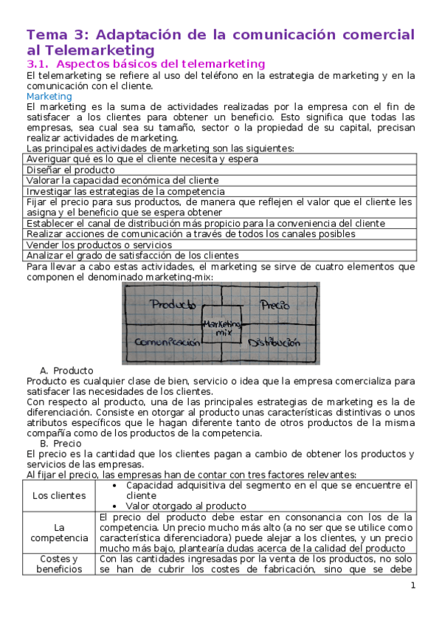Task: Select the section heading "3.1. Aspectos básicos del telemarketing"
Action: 145,64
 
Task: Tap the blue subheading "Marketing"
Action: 49,96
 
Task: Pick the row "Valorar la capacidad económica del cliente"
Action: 122,180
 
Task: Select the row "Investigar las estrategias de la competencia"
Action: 125,191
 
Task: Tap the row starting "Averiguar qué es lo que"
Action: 142,159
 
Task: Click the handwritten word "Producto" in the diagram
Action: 173,303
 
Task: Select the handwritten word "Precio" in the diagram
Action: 274,303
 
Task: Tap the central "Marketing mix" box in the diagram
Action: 222,328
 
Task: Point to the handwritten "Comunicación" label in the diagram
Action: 168,343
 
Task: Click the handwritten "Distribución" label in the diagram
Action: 274,343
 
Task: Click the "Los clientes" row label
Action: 58,495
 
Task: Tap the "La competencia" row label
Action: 58,534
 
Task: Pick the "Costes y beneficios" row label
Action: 58,564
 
